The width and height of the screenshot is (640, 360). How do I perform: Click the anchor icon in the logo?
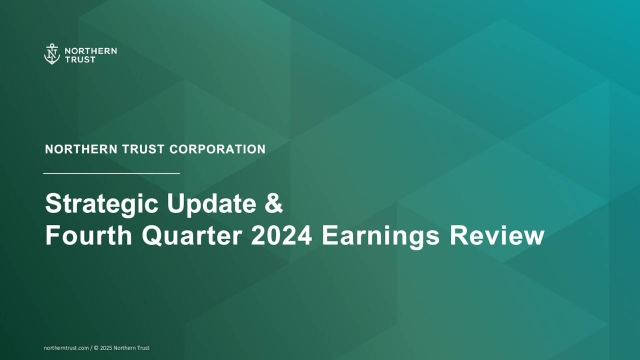coord(51,54)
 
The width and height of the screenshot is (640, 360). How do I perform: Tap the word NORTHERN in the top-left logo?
coord(85,49)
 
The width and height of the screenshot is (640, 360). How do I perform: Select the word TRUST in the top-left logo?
coord(77,59)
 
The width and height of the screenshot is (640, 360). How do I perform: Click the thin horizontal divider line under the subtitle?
coord(113,174)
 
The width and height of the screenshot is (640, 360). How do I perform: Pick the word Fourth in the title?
coord(89,237)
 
